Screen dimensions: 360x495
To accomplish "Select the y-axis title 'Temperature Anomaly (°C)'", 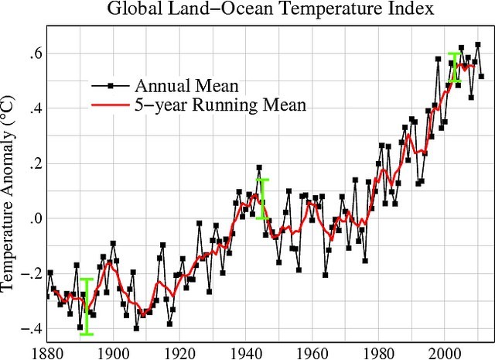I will [10, 192].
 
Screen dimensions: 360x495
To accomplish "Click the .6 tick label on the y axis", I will [35, 53].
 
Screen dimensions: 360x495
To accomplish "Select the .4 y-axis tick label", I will [35, 108].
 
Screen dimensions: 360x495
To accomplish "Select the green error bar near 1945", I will [263, 199].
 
